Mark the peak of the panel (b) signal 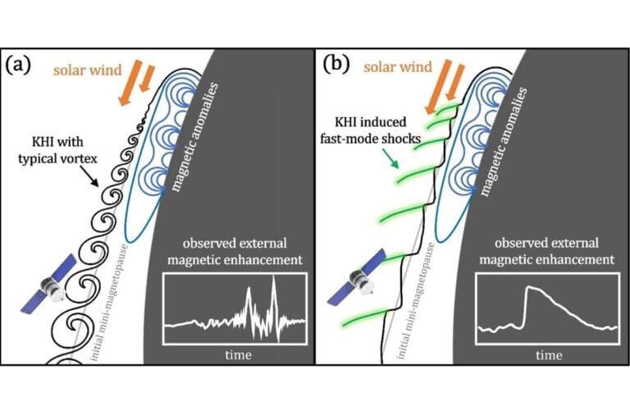pos(529,288)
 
